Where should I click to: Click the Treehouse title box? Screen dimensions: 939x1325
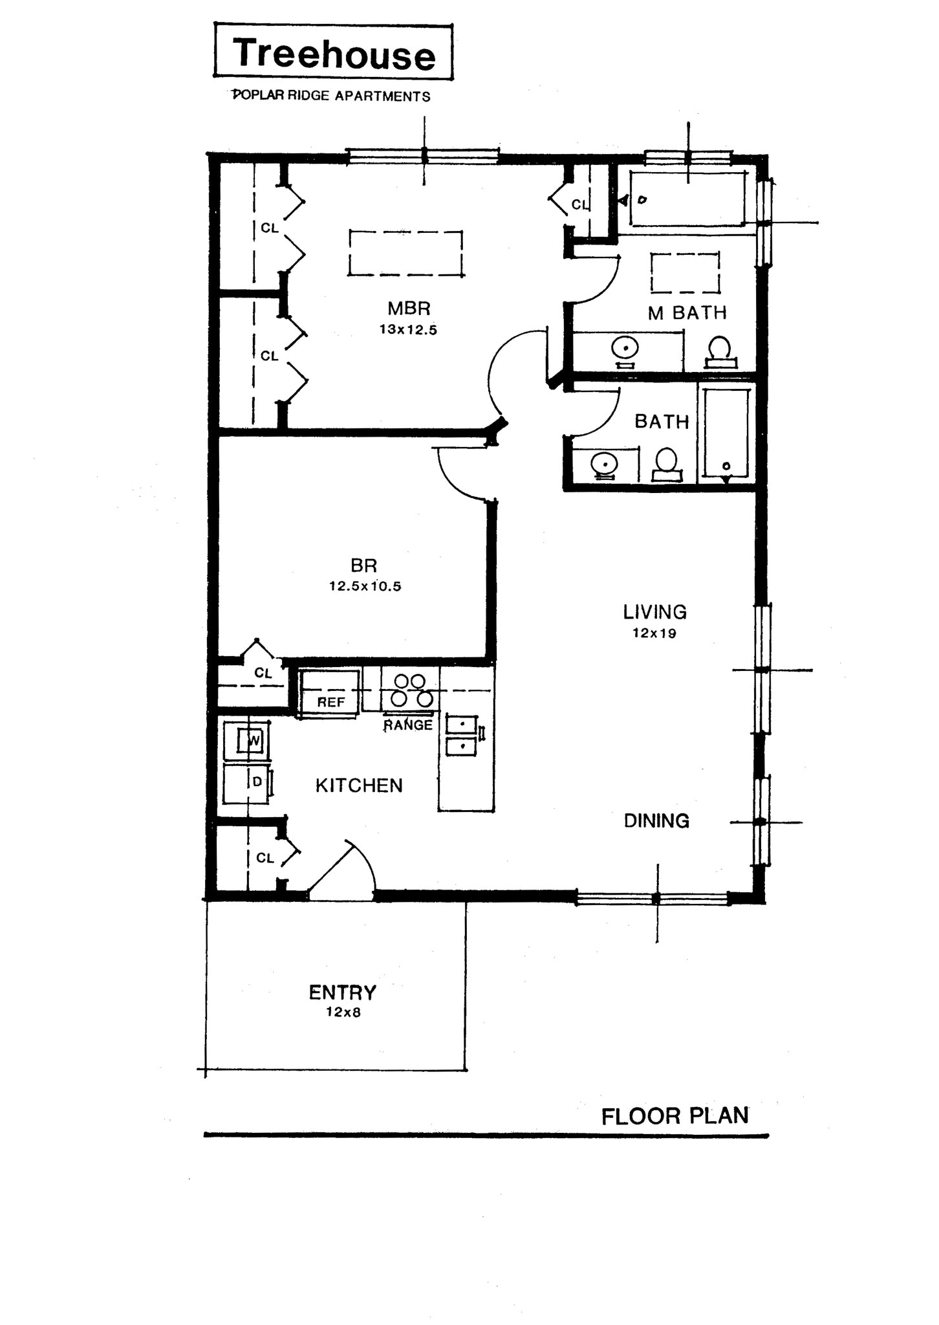pyautogui.click(x=333, y=52)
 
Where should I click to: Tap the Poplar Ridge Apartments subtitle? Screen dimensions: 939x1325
pyautogui.click(x=331, y=96)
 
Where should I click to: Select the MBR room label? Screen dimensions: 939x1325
pyautogui.click(x=409, y=308)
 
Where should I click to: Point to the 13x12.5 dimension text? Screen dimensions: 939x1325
pyautogui.click(x=408, y=329)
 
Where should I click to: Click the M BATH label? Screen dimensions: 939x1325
pyautogui.click(x=687, y=313)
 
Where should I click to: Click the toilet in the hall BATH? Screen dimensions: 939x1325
pyautogui.click(x=666, y=465)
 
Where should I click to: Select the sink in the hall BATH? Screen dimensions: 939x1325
pyautogui.click(x=604, y=464)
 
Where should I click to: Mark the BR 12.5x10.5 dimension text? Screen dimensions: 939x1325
pyautogui.click(x=365, y=587)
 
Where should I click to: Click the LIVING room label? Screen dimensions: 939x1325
pyautogui.click(x=654, y=611)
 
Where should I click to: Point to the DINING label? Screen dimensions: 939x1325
pyautogui.click(x=656, y=821)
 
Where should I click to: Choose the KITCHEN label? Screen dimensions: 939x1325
pyautogui.click(x=359, y=785)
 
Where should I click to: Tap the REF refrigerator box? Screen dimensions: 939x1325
pyautogui.click(x=329, y=693)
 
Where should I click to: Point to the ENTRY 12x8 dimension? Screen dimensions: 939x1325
pyautogui.click(x=343, y=1013)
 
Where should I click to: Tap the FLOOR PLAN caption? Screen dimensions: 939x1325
pyautogui.click(x=675, y=1116)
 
